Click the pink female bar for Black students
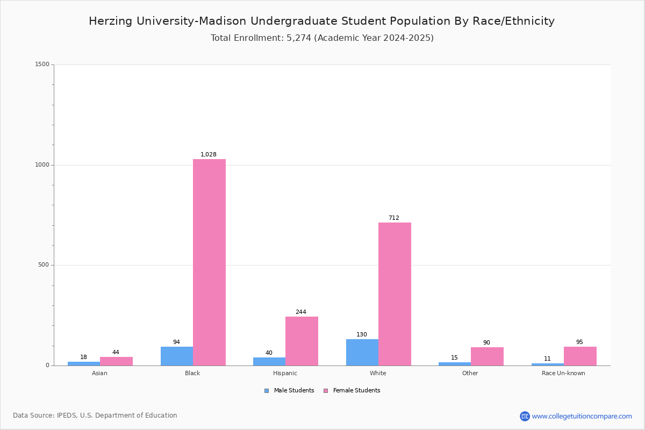[x=209, y=262]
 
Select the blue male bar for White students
[x=362, y=353]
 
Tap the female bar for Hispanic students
[x=302, y=341]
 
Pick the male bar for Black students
[x=177, y=356]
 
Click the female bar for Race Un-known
[x=580, y=356]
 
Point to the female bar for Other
[x=487, y=356]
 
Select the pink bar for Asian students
[x=116, y=361]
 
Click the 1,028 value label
[x=209, y=154]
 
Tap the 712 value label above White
[x=394, y=218]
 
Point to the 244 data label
[x=301, y=312]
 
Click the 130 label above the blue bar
[x=362, y=334]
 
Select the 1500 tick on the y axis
[x=42, y=64]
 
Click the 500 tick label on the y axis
[x=44, y=264]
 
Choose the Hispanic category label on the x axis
[x=285, y=373]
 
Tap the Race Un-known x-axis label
[x=563, y=373]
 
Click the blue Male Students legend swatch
[x=267, y=391]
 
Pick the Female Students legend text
[x=357, y=391]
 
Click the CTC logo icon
[x=525, y=416]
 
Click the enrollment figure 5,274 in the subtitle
[x=299, y=38]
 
